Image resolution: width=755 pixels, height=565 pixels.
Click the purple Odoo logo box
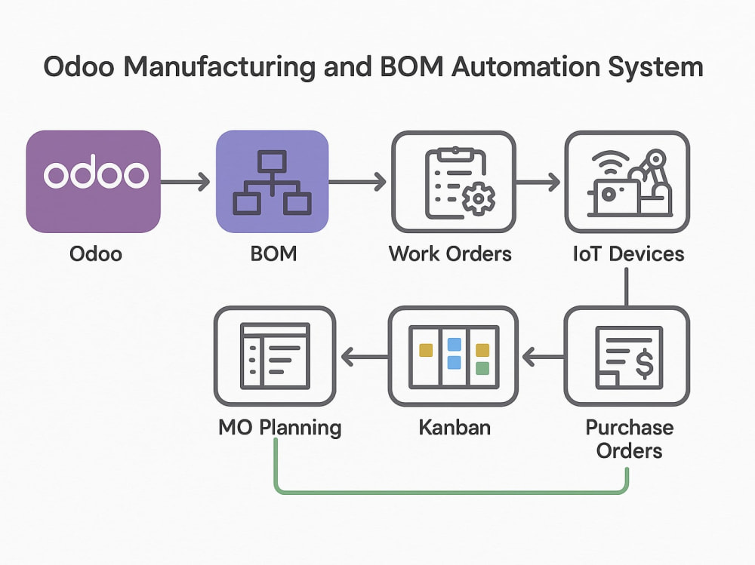[94, 182]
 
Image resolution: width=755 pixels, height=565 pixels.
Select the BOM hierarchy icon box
[273, 182]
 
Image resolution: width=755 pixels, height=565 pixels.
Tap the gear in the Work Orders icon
[478, 198]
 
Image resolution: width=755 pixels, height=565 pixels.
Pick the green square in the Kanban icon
[482, 368]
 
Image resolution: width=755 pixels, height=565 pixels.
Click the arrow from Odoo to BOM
[186, 182]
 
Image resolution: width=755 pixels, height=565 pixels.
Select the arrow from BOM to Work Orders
[357, 182]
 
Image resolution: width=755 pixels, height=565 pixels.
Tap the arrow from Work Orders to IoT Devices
[538, 182]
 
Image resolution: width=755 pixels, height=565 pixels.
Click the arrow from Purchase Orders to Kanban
[543, 357]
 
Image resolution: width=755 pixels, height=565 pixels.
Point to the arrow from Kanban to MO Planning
[365, 357]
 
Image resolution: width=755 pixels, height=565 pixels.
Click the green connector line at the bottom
[451, 492]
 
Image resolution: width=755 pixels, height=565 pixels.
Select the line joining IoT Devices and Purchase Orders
[627, 287]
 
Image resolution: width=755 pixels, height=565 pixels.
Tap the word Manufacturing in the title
[220, 66]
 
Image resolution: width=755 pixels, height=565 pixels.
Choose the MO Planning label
[280, 428]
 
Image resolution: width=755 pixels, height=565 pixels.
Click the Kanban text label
[455, 427]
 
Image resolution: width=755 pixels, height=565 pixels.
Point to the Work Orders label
[450, 253]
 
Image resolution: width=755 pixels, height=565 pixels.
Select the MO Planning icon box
[275, 356]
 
